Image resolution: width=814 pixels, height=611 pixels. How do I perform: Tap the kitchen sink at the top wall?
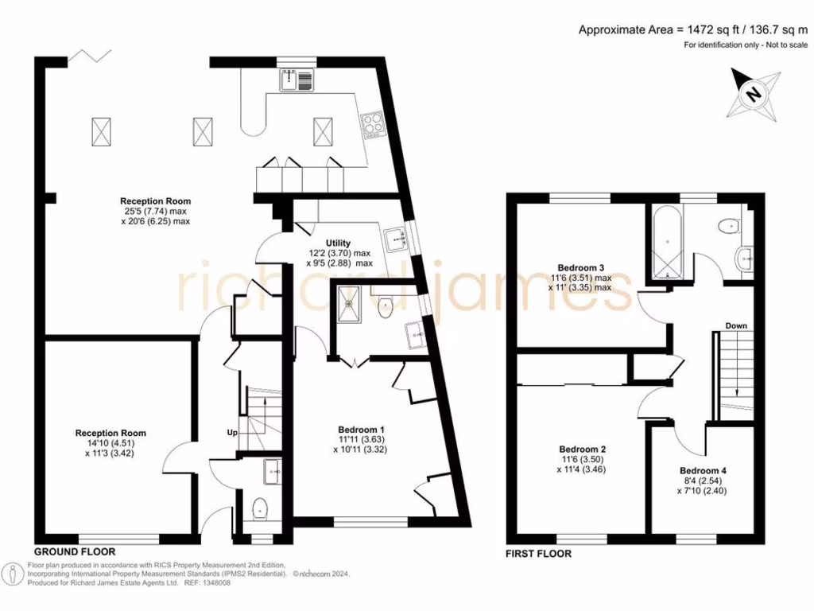tap(298, 78)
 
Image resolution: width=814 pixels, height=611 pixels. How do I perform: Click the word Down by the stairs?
tap(735, 326)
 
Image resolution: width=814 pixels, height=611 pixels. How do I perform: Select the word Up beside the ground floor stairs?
tap(232, 433)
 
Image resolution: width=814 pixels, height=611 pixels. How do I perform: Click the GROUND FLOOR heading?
tap(75, 551)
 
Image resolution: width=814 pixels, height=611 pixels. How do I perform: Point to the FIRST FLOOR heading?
tap(538, 553)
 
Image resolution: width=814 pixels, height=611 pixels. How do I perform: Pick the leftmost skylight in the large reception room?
tap(101, 130)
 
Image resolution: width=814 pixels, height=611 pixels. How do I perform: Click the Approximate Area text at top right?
tap(688, 30)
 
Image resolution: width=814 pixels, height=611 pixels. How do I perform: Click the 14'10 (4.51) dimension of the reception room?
tap(110, 444)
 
